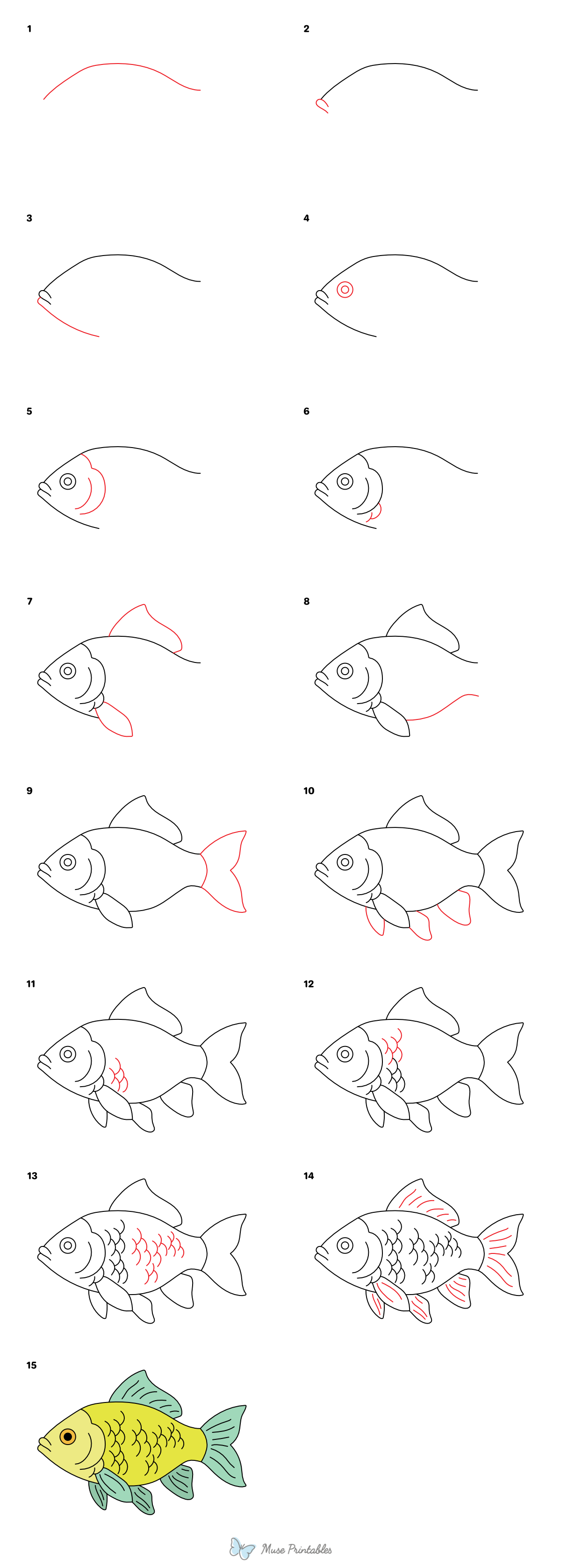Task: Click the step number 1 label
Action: (x=29, y=28)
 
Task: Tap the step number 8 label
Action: (x=306, y=601)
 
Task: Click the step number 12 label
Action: (x=309, y=983)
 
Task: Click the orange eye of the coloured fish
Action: (x=67, y=1437)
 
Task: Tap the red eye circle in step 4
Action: (x=345, y=289)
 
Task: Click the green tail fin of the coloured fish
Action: (x=225, y=1444)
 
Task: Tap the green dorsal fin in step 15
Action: (x=146, y=1392)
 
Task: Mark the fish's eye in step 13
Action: (x=67, y=1245)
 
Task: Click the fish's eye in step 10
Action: (x=345, y=861)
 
